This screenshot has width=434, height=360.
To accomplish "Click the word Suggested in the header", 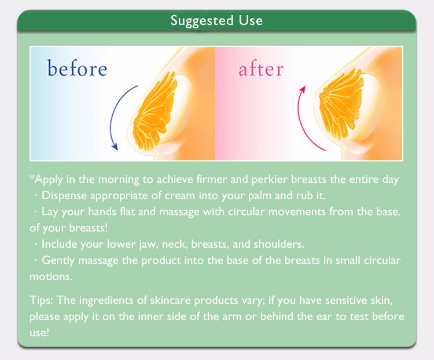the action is point(202,21).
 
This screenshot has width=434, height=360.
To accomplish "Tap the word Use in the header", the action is point(251,20).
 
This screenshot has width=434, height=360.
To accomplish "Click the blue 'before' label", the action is point(77,68).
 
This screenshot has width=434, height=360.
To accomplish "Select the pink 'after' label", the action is point(261,69).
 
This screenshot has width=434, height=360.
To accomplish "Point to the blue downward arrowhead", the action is point(115,146).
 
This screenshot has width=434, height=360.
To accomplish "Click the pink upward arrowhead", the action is point(303,90).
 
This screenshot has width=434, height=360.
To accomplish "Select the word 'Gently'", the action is point(58,261).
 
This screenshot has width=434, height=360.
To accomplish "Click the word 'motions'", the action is point(51,277).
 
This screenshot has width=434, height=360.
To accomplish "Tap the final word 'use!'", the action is point(39,333).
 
